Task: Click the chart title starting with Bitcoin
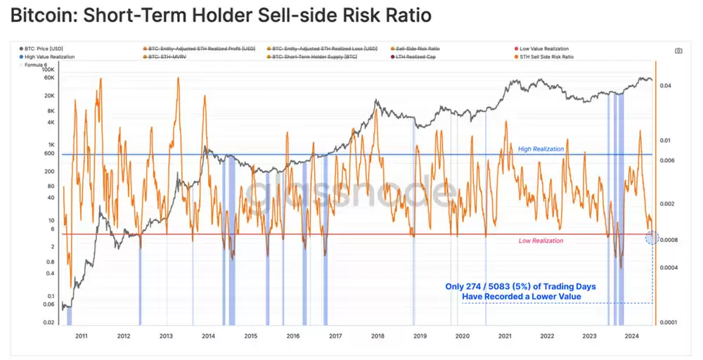(221, 15)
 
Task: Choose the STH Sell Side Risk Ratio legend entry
(546, 56)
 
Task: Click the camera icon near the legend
(678, 51)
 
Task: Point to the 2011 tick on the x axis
(82, 337)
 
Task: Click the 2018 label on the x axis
(378, 337)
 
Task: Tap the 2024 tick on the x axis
(631, 337)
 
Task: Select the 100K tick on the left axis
(48, 70)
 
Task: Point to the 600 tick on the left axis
(49, 153)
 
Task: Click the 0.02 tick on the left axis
(49, 322)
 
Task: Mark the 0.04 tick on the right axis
(666, 86)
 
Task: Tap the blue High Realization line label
(541, 149)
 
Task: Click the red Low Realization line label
(541, 241)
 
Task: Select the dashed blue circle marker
(651, 238)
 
